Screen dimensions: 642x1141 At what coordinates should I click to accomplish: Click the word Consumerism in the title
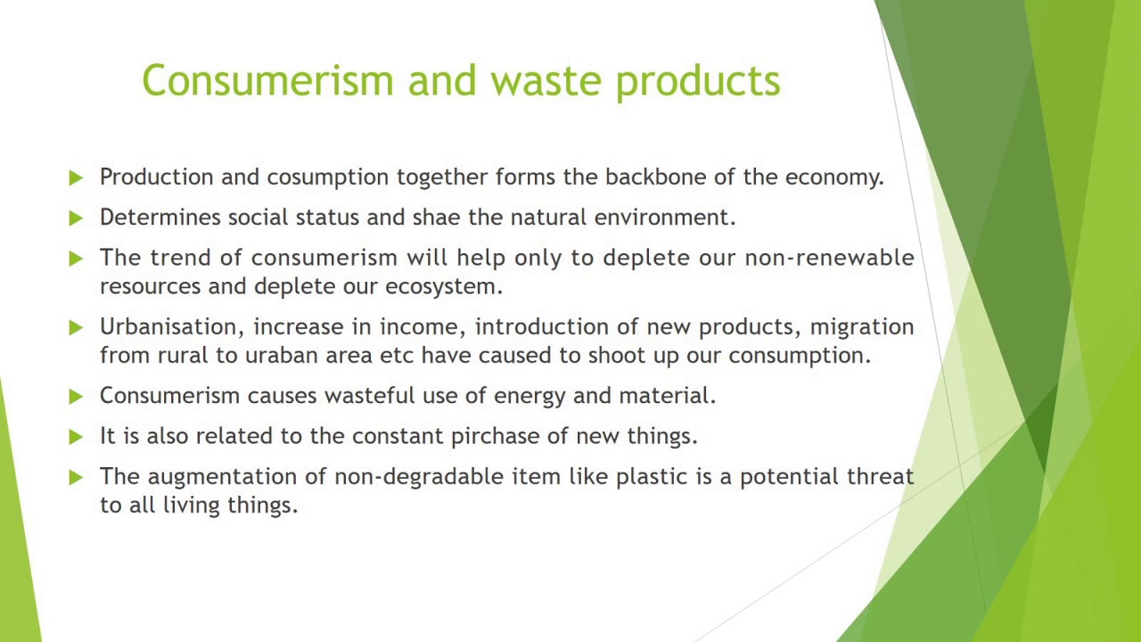pyautogui.click(x=267, y=80)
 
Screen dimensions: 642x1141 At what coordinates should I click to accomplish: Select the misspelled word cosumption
pyautogui.click(x=328, y=177)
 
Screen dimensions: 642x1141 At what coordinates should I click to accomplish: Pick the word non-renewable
pyautogui.click(x=829, y=258)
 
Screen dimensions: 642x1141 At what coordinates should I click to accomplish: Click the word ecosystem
pyautogui.click(x=443, y=287)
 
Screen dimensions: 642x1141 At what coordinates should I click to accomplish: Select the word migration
pyautogui.click(x=861, y=327)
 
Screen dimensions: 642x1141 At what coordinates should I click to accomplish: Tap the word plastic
pyautogui.click(x=652, y=477)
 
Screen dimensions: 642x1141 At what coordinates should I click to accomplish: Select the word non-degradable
pyautogui.click(x=419, y=477)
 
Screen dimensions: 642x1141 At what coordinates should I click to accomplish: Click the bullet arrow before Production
pyautogui.click(x=76, y=177)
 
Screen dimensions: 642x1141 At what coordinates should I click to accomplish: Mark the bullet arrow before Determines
pyautogui.click(x=76, y=218)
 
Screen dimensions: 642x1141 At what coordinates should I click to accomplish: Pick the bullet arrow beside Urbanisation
pyautogui.click(x=76, y=327)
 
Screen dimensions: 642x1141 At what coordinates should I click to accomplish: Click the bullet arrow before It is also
pyautogui.click(x=76, y=436)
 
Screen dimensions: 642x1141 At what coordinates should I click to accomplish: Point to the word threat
pyautogui.click(x=880, y=476)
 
